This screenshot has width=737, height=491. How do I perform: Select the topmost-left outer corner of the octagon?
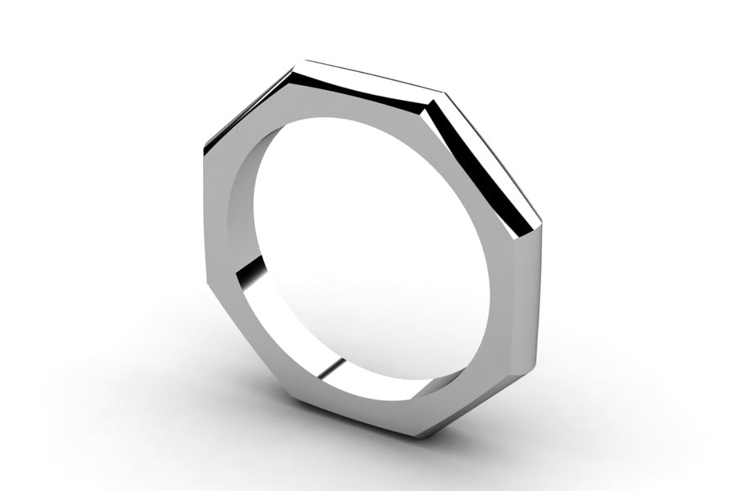point(304,61)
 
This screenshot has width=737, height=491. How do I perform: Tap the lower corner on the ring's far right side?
point(536,360)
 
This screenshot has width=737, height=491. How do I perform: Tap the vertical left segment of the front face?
point(216,217)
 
